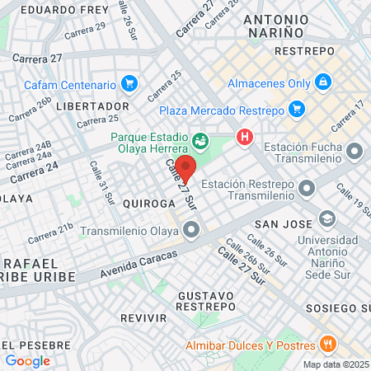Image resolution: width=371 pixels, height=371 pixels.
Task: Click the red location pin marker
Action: tap(185, 168)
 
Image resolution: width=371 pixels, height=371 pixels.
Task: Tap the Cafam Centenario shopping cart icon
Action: tap(128, 84)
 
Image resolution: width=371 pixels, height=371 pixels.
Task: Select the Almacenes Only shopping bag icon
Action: tap(323, 82)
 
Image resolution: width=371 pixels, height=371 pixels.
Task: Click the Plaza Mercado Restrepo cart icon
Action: tap(297, 110)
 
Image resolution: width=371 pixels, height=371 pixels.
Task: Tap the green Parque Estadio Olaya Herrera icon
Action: tap(200, 139)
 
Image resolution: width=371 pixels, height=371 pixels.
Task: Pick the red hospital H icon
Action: tap(244, 138)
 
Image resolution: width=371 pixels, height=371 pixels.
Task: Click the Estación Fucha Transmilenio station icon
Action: tap(355, 152)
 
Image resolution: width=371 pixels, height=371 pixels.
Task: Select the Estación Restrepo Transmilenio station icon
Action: tap(307, 190)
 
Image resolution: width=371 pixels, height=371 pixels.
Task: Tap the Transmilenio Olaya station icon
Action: tap(191, 232)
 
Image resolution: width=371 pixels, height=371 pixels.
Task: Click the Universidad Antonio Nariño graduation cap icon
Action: tap(327, 219)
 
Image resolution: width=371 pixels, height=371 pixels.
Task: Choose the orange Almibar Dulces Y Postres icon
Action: tap(327, 345)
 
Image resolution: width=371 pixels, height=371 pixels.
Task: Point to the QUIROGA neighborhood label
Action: tap(149, 203)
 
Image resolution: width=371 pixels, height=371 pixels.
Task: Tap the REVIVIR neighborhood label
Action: tap(143, 317)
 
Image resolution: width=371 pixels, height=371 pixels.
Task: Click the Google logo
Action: tap(27, 360)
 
